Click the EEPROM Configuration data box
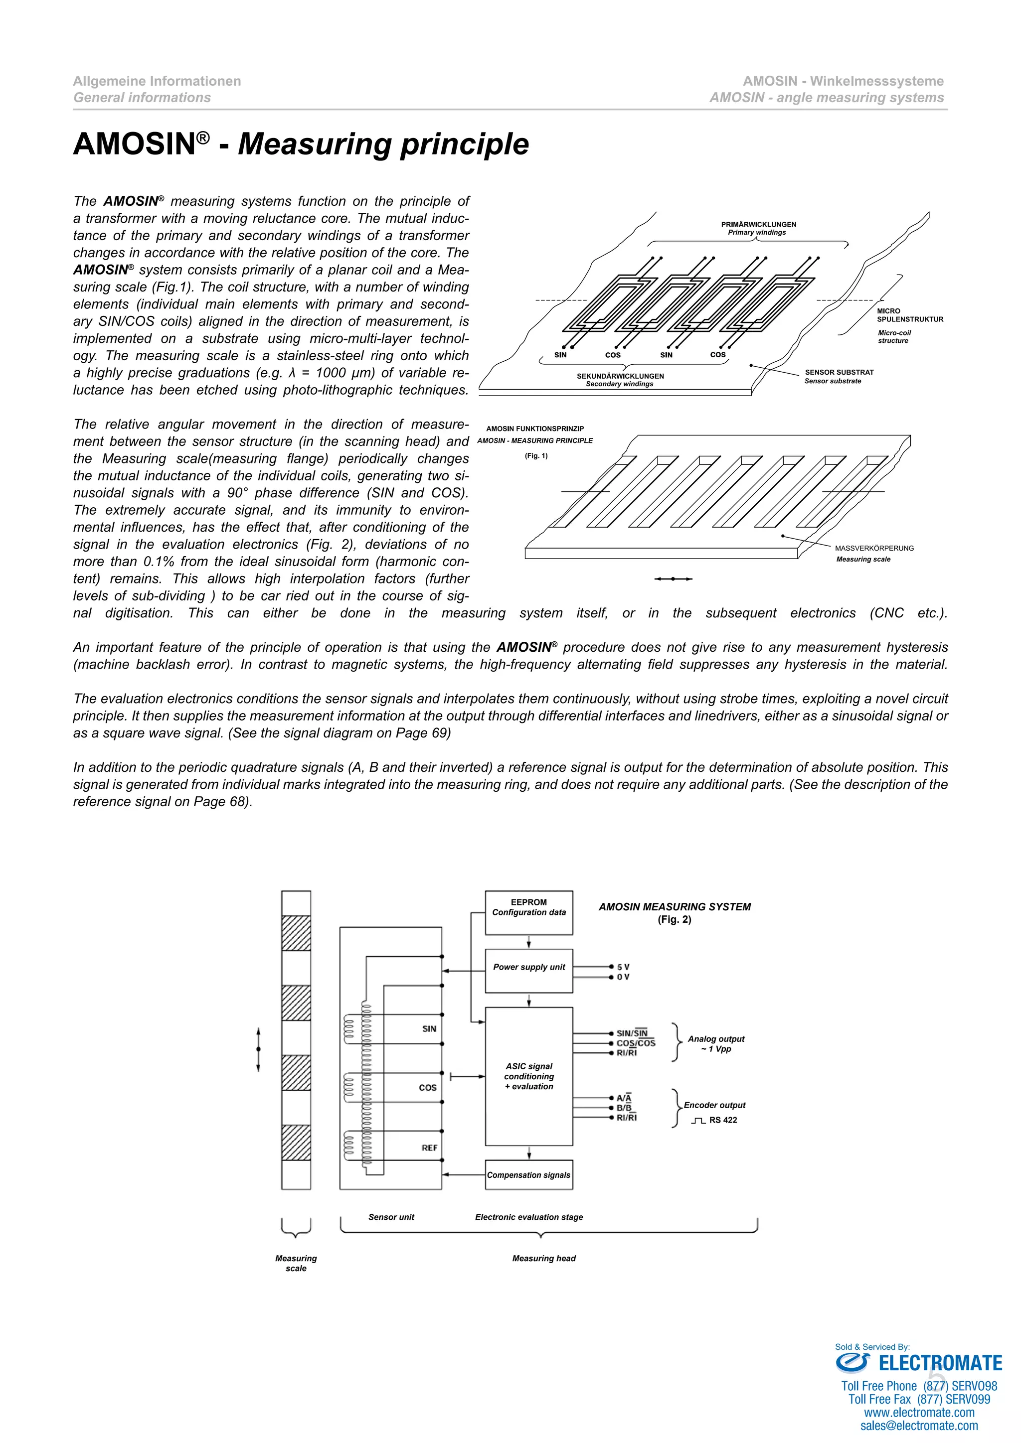(529, 912)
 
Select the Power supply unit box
(529, 971)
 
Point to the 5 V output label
(623, 967)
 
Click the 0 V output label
(623, 977)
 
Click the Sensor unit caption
(391, 1217)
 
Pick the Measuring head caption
(544, 1258)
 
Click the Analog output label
(715, 1039)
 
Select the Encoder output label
(714, 1105)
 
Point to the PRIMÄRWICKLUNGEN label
(758, 224)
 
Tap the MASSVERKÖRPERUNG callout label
(874, 548)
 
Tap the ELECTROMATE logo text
(939, 1364)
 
